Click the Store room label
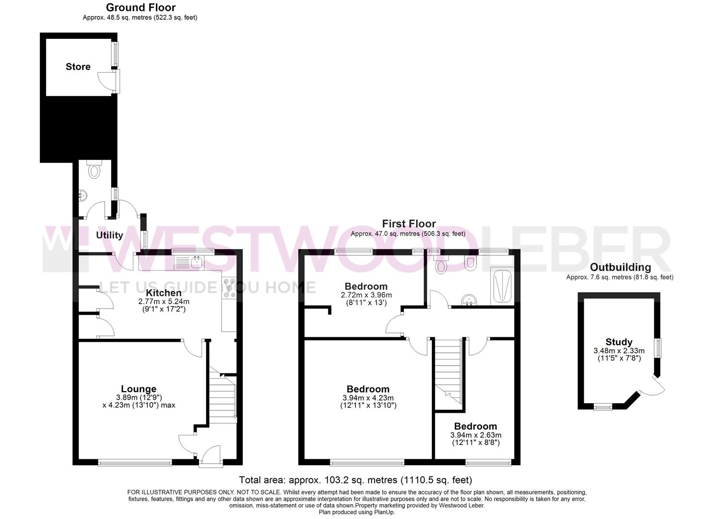[78, 67]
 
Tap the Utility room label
[110, 235]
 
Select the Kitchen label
[164, 293]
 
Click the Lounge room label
[138, 389]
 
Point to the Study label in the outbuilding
[619, 342]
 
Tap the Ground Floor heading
[140, 8]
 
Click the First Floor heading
[409, 224]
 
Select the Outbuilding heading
[620, 268]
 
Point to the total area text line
[356, 480]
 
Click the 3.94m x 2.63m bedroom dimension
[476, 435]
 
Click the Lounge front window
[135, 463]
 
